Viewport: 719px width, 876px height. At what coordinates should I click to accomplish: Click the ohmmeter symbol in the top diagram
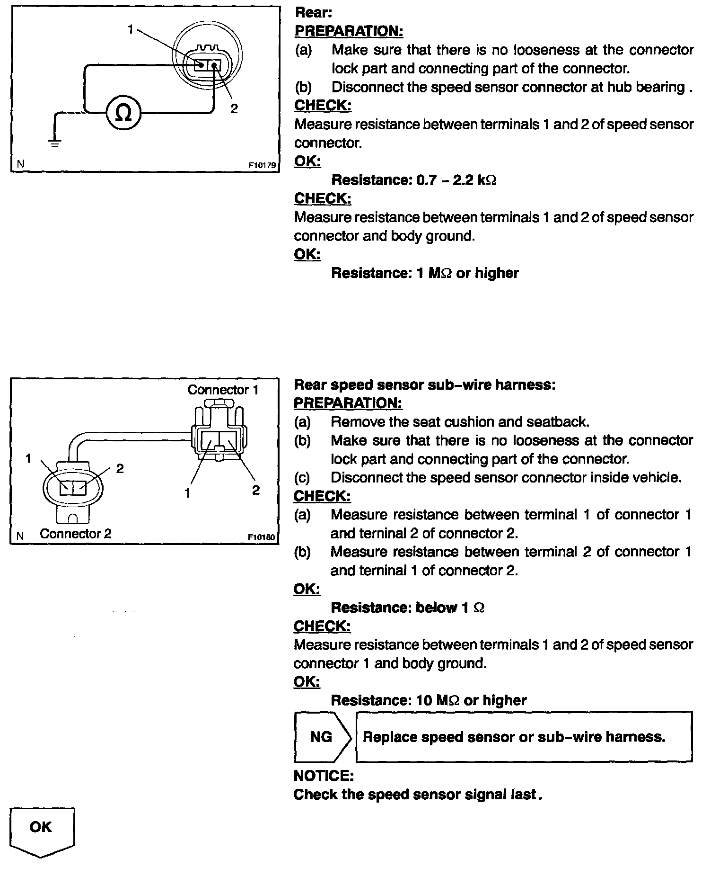[123, 113]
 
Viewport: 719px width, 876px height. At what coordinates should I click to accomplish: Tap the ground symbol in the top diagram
[55, 143]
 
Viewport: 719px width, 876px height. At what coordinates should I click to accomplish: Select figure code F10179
[262, 166]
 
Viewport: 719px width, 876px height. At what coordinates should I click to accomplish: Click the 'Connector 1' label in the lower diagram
[223, 390]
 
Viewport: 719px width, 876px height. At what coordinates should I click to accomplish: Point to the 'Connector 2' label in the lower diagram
[76, 534]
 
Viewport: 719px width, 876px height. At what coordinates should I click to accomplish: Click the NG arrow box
[322, 737]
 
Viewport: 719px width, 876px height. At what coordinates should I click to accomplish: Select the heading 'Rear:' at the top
[313, 12]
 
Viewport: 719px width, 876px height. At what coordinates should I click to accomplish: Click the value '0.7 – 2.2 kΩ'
[456, 180]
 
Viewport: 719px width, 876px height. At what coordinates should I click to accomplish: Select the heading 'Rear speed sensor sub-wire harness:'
[424, 384]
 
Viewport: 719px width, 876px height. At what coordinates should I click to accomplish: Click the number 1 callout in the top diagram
[131, 29]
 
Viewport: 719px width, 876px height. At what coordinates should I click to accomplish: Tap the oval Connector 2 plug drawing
[73, 487]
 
